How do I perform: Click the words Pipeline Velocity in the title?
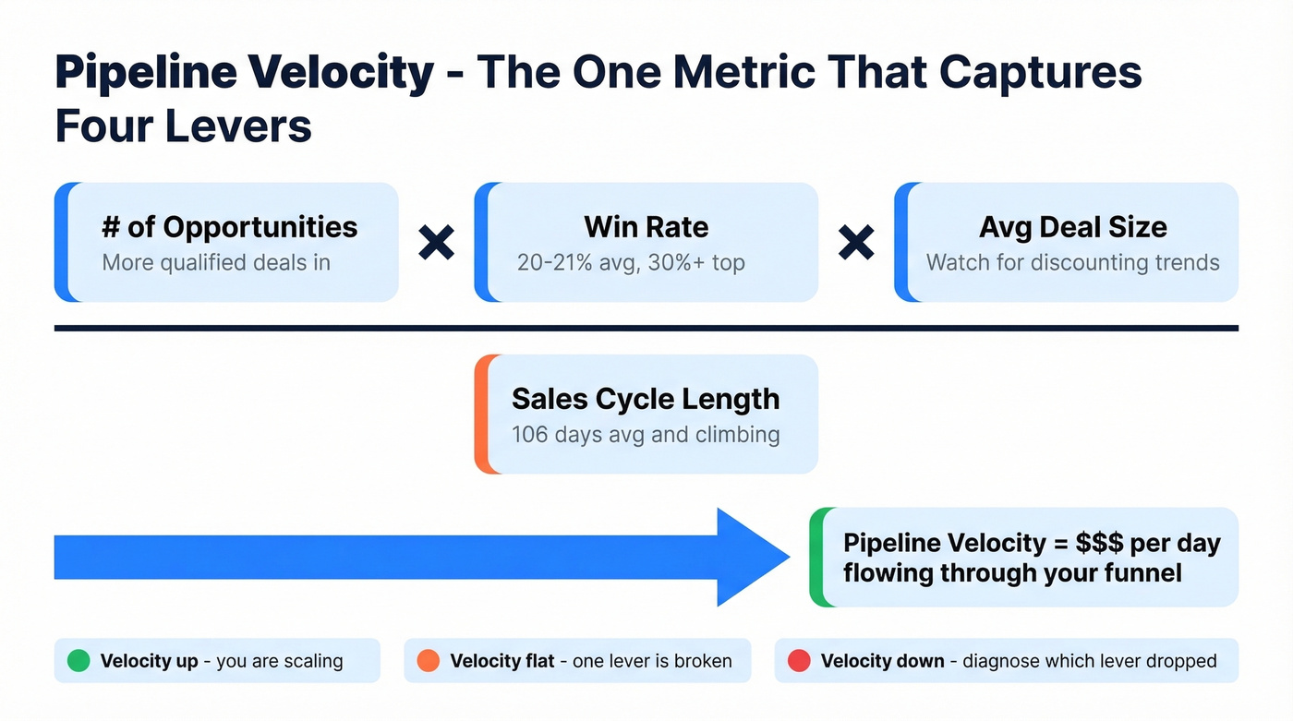pos(244,72)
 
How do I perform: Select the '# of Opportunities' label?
pos(229,227)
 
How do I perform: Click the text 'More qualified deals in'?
pos(216,262)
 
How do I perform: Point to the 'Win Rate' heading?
pos(646,227)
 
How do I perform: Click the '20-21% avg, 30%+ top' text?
pos(631,262)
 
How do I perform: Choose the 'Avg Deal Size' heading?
pos(1072,227)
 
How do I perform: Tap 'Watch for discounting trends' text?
pos(1072,262)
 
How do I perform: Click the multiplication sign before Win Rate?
pos(436,243)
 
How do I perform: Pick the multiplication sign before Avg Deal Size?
pos(856,243)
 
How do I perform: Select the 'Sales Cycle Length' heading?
pos(646,399)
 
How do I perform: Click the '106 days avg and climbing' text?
pos(646,434)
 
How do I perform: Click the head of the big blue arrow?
pos(752,557)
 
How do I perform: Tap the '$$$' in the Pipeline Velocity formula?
pos(1099,543)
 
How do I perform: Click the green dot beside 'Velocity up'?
pos(79,661)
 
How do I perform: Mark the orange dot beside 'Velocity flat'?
pos(428,661)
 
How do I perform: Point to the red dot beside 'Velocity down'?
pos(798,661)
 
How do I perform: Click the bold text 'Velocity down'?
pos(882,661)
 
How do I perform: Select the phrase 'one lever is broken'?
pos(652,661)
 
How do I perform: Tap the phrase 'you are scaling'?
pos(279,661)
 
